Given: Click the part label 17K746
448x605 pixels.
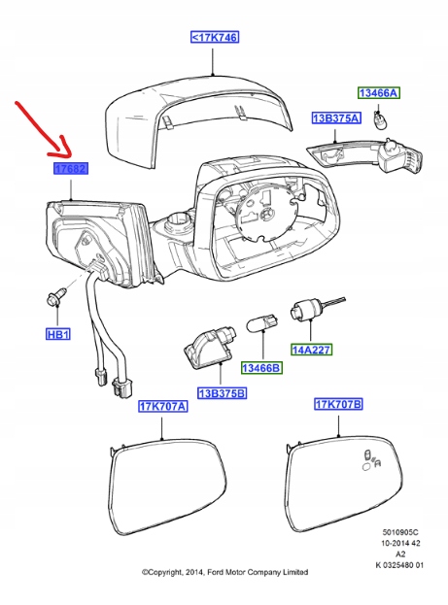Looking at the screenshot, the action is click(215, 37).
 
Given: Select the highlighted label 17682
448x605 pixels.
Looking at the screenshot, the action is click(71, 168).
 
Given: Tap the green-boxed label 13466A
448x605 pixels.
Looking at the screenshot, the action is click(378, 93).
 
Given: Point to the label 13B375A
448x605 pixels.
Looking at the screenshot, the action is click(336, 118).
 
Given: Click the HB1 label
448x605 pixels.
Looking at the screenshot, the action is click(58, 334).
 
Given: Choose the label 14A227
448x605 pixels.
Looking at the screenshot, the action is click(311, 350).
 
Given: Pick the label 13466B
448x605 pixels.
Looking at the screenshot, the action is click(261, 368).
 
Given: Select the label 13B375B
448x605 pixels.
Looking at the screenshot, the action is click(223, 393).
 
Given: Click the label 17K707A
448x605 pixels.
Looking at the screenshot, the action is click(163, 406).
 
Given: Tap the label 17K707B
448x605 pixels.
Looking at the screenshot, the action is click(338, 404).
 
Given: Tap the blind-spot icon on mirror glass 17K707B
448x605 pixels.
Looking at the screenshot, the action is click(371, 460).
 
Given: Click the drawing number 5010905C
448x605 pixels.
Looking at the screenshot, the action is click(400, 532).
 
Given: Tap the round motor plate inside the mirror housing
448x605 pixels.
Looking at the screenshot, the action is click(266, 217).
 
